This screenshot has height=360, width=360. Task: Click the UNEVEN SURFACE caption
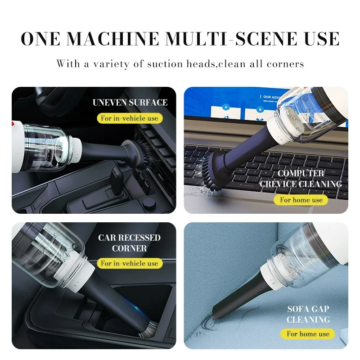point(130,103)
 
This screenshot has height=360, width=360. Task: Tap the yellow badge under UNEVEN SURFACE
point(130,118)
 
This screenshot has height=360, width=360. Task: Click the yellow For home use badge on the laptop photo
point(301,199)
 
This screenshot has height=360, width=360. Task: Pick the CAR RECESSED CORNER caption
point(130,243)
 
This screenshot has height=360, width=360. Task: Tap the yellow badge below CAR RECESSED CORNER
point(130,263)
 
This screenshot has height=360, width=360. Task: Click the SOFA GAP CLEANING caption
point(308,314)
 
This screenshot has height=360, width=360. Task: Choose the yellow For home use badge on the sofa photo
point(308,333)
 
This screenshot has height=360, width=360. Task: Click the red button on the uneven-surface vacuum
point(13,122)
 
